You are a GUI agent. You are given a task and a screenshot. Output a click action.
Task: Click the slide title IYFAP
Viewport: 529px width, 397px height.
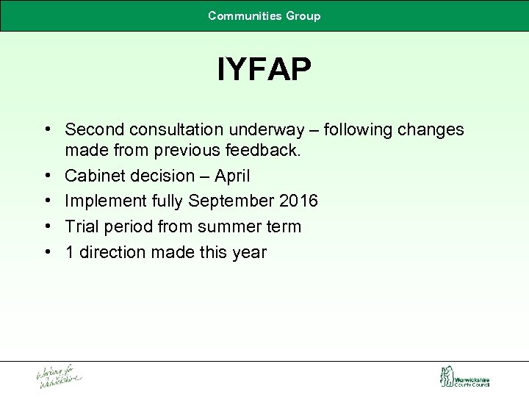(264, 71)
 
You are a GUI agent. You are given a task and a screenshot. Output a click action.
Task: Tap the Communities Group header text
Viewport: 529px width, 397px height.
(264, 15)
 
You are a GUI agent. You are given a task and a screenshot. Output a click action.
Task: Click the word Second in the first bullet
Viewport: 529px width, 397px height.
(94, 130)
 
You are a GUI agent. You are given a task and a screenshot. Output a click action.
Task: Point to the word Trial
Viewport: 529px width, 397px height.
(82, 226)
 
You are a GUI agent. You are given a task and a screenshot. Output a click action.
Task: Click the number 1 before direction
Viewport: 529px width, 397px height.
(69, 252)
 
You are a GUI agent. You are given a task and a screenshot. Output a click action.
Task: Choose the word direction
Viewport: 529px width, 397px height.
(112, 252)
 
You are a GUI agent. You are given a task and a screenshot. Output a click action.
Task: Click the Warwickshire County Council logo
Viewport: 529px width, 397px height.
(464, 377)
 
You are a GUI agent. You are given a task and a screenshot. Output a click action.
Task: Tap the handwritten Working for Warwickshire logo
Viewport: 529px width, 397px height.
(59, 376)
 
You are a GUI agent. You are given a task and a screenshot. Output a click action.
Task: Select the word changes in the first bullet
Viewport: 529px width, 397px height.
(432, 130)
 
